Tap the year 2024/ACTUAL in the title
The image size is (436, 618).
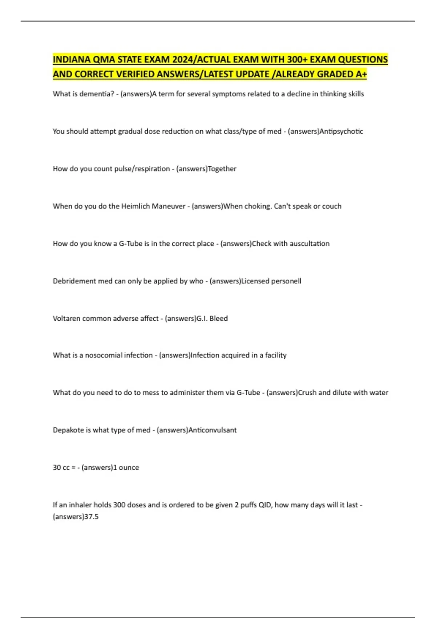click(202, 60)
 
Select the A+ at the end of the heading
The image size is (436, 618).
click(361, 74)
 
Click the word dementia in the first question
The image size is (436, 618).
click(96, 94)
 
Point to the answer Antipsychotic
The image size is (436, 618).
click(341, 131)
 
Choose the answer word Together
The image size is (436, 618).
click(222, 169)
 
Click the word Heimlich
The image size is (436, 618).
click(135, 206)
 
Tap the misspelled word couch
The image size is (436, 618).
click(332, 206)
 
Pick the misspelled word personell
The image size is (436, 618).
click(287, 281)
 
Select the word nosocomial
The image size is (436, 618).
click(119, 355)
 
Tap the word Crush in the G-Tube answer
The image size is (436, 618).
click(307, 393)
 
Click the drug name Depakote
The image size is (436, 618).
click(68, 430)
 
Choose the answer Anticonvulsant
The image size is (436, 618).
click(213, 430)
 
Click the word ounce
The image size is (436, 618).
click(129, 467)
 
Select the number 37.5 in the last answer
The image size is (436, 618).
click(92, 517)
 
